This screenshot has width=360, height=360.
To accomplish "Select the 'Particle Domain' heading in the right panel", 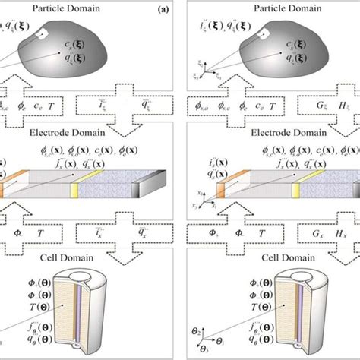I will pyautogui.click(x=273, y=9).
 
